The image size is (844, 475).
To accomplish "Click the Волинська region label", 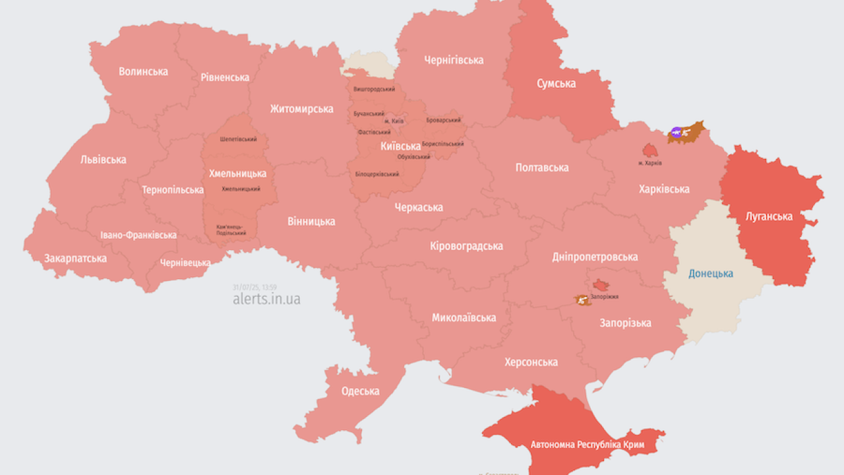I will click(143, 71).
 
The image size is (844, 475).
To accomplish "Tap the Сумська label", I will click(556, 83).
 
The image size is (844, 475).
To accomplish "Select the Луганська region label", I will click(769, 216).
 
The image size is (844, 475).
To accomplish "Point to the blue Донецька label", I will click(711, 273).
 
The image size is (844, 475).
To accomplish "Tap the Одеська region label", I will click(360, 391).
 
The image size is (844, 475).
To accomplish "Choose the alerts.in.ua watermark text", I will click(266, 299).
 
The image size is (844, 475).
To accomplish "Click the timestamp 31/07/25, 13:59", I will click(255, 287).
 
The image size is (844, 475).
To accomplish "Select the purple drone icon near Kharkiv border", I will click(676, 133).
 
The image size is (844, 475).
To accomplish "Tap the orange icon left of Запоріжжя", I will click(582, 300).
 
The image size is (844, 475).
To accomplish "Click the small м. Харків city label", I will click(650, 162).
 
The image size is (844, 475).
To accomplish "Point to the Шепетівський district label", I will click(238, 139).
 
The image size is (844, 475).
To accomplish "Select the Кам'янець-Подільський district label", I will click(231, 230).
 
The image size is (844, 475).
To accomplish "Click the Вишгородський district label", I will click(374, 89).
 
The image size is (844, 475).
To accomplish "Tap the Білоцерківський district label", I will click(377, 174).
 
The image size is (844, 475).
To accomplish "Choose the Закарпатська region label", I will click(75, 258).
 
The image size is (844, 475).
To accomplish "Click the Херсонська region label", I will click(531, 362).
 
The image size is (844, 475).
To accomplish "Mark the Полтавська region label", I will click(541, 168).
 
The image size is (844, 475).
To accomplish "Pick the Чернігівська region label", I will click(454, 60).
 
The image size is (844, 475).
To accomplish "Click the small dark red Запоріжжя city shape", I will click(601, 285).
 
